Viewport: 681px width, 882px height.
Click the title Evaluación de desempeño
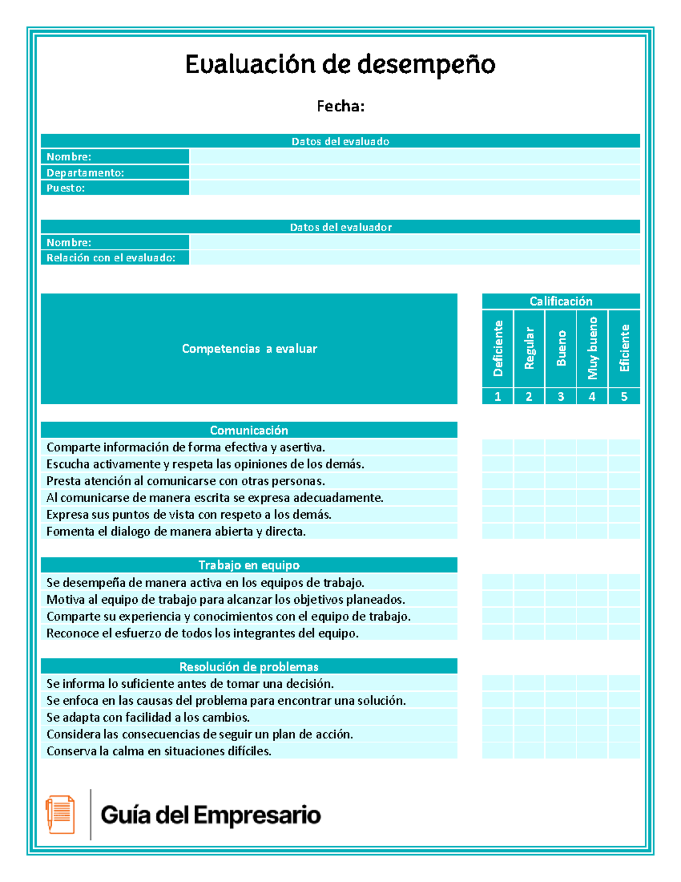coord(340,64)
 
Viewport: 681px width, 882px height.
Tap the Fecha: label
coord(340,106)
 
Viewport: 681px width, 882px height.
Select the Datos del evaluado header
coord(340,141)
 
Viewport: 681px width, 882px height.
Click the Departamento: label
coord(85,173)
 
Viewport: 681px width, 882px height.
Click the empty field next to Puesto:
coord(414,188)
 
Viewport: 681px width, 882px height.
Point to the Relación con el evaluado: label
coord(111,258)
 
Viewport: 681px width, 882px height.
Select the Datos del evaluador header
coord(340,227)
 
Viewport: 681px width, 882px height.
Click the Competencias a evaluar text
coord(249,349)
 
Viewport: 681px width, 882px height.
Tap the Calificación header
coord(561,301)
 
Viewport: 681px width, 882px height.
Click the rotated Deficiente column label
coord(498,348)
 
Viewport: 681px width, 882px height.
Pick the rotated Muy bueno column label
coord(592,348)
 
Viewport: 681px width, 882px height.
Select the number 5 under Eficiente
coord(624,396)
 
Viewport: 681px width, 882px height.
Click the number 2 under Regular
coord(529,396)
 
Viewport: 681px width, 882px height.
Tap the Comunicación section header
coord(249,430)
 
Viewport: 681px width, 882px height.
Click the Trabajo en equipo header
coord(249,565)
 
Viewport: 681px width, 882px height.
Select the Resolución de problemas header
coord(249,667)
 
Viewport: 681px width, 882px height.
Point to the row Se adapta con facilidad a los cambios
coord(148,717)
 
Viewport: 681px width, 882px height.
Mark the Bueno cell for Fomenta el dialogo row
coord(561,532)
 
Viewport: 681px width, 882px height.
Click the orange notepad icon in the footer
coord(60,814)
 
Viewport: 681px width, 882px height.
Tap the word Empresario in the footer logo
coord(257,815)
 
